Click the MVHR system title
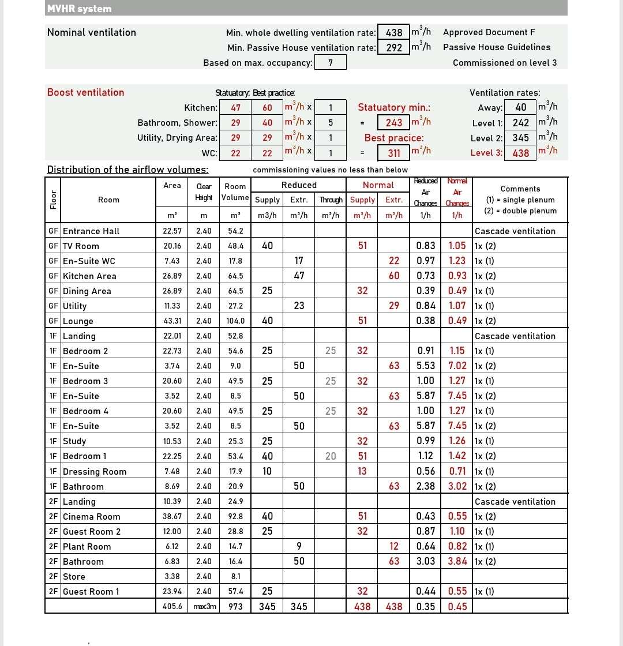coord(80,9)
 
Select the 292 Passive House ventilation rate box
coord(394,47)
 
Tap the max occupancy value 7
coord(331,62)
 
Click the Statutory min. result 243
coord(394,122)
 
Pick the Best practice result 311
coord(394,153)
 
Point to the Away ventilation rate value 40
coord(521,107)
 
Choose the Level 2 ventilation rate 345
coord(521,138)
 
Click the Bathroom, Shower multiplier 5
coord(331,122)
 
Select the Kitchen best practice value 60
coord(267,108)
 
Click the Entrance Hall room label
coord(91,231)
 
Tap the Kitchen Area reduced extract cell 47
coord(299,276)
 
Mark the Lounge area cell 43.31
coord(172,321)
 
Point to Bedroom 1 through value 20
coord(331,456)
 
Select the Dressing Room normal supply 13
coord(362,471)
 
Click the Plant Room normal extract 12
coord(394,546)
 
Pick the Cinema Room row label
coord(92,517)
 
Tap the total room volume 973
coord(235,606)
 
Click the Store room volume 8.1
coord(235,576)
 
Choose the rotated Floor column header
coord(52,200)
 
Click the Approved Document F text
coord(485,32)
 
